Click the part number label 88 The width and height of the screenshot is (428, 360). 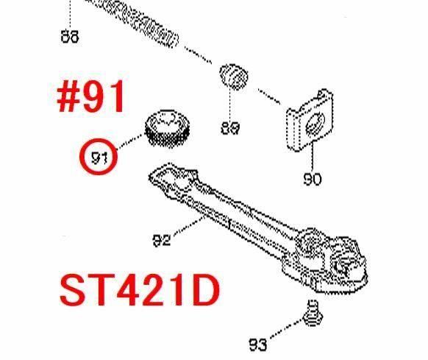tap(70, 37)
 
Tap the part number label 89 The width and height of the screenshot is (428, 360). tap(230, 128)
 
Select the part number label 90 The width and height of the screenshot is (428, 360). tap(313, 180)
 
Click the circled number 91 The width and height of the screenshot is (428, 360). tap(99, 158)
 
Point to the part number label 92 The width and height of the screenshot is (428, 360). tap(161, 241)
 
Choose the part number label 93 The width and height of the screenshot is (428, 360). tap(257, 345)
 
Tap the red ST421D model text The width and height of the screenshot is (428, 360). tap(140, 290)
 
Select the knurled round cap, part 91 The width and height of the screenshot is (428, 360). tap(168, 129)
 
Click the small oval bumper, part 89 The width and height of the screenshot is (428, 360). tap(234, 77)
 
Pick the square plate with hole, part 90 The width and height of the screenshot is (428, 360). tap(310, 119)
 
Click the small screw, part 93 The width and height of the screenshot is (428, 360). tap(313, 314)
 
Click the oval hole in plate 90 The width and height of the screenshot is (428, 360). tap(315, 124)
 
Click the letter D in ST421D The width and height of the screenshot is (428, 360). tap(205, 290)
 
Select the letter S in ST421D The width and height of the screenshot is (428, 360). tap(73, 290)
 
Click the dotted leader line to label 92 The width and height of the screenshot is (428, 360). tap(189, 225)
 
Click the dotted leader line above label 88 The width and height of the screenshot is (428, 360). tap(70, 14)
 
